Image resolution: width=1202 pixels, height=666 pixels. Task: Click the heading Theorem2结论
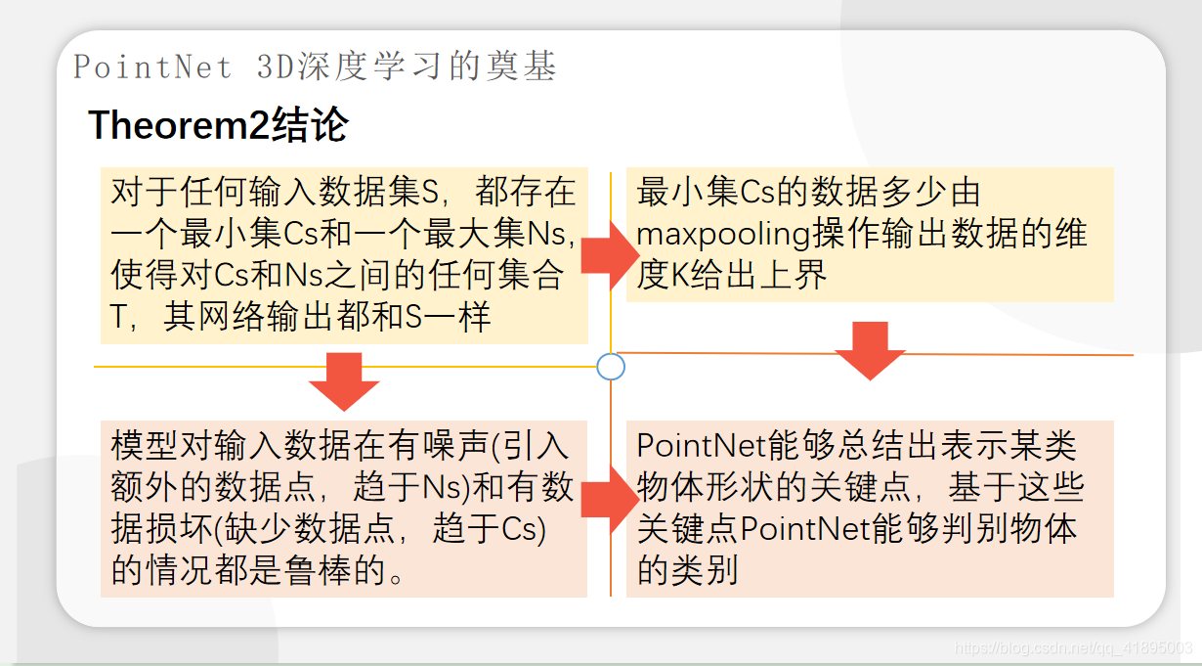[x=218, y=126]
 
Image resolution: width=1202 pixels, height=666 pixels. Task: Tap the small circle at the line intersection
[x=610, y=367]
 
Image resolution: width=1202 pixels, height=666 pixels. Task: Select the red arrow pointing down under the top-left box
[x=344, y=381]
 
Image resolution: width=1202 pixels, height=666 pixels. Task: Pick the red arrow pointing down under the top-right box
[x=870, y=349]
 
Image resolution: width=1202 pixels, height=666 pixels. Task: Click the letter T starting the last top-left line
[x=121, y=318]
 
